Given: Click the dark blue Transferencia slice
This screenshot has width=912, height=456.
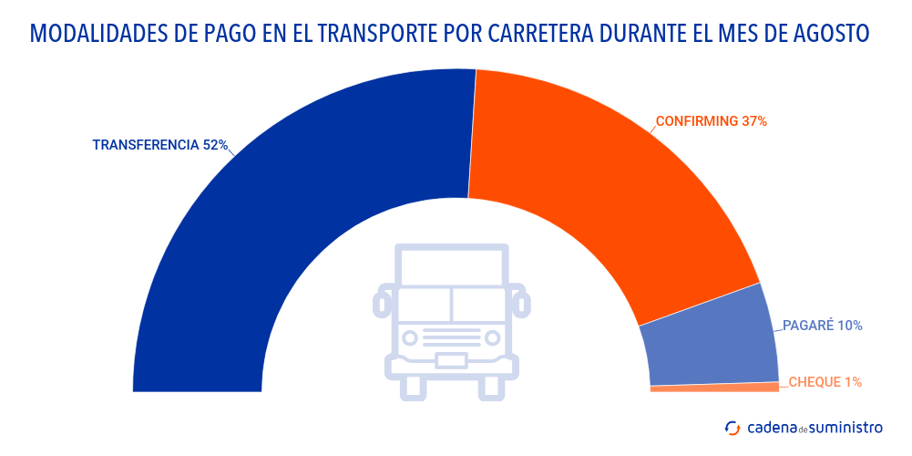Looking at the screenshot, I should click(273, 201).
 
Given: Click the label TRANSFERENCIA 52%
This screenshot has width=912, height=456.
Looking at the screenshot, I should click(159, 145).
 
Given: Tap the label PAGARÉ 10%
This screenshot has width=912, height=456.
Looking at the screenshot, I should click(823, 326).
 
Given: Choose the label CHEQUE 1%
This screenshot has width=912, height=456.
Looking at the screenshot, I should click(825, 382).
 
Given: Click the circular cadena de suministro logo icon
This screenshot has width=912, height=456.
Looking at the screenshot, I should click(732, 427).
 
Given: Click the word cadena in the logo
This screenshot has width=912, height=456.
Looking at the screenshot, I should click(772, 427).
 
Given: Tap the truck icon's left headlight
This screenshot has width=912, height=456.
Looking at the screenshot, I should click(411, 337).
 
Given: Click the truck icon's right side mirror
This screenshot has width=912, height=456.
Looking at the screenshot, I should click(520, 300).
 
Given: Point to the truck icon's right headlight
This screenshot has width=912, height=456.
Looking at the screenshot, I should click(493, 337).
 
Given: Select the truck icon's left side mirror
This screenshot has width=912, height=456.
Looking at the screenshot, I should click(384, 300).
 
